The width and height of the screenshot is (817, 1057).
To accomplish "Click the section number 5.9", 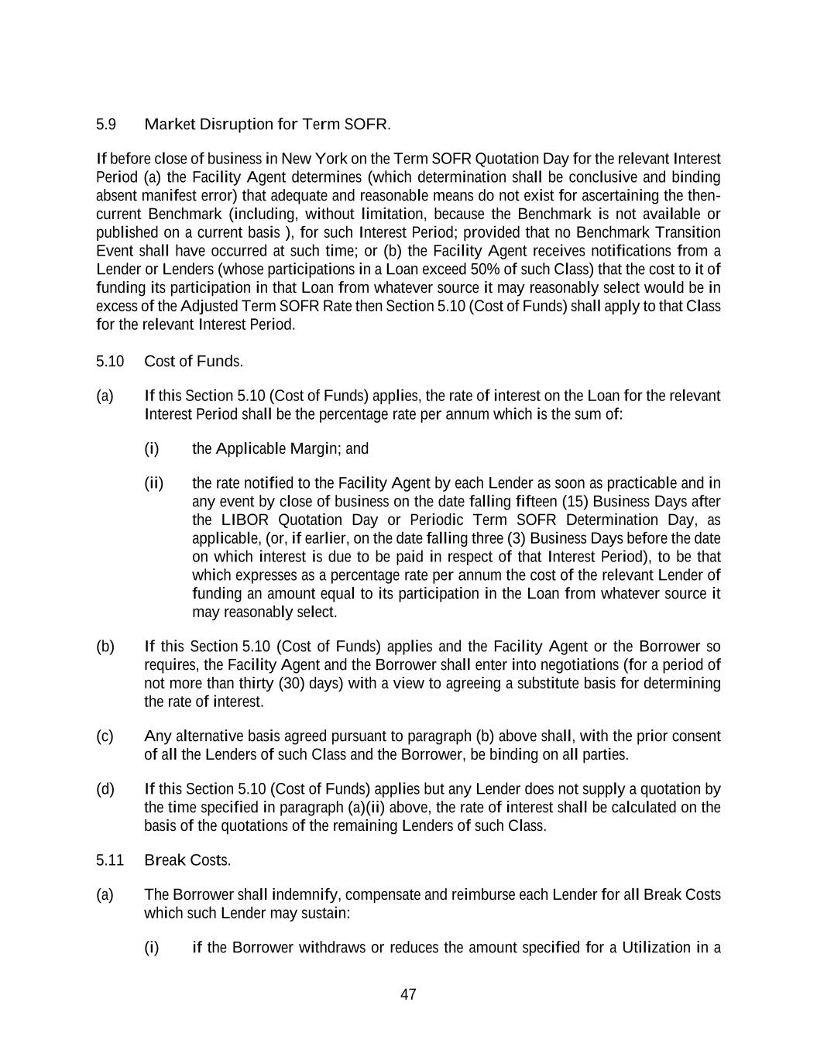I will pos(106,124).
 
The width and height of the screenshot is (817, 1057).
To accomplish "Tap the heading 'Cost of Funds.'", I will pos(194,362).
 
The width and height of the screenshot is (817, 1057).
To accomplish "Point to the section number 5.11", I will pos(110,860).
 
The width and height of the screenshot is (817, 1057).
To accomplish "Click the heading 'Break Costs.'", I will pos(187,860).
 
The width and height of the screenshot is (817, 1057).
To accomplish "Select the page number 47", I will pos(408,995).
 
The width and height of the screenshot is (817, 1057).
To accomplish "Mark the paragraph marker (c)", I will pos(105,736).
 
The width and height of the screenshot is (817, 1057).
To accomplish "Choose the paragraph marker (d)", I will pos(105,789).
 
